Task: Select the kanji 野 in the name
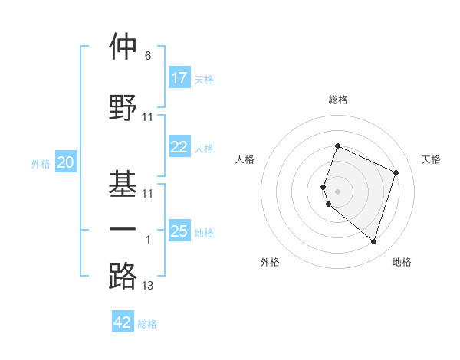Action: (x=123, y=106)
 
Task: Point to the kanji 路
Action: (x=123, y=275)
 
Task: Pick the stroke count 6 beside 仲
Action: (x=147, y=57)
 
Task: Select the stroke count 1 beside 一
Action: (x=148, y=240)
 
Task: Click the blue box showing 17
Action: (x=179, y=78)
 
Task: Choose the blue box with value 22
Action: (x=179, y=148)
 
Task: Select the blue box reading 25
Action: (x=179, y=231)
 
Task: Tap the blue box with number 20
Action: (x=66, y=162)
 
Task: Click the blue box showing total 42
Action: (x=123, y=322)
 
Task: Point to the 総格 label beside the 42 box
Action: (x=147, y=324)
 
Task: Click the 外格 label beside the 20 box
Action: (x=41, y=164)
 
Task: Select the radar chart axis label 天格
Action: (x=432, y=159)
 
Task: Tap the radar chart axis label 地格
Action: (x=402, y=263)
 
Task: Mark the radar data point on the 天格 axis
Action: (x=396, y=172)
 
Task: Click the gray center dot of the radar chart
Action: (x=337, y=191)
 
